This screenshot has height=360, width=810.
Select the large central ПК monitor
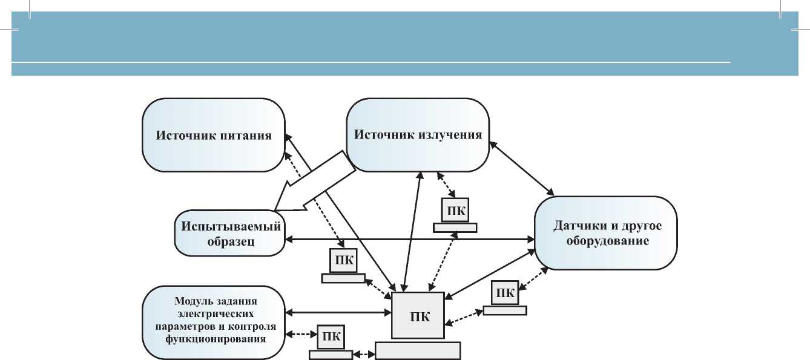418,316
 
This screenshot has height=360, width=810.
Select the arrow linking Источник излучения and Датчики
522,169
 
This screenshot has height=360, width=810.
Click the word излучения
450,135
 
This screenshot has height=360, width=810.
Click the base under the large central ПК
418,350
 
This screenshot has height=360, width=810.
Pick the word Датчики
577,226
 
